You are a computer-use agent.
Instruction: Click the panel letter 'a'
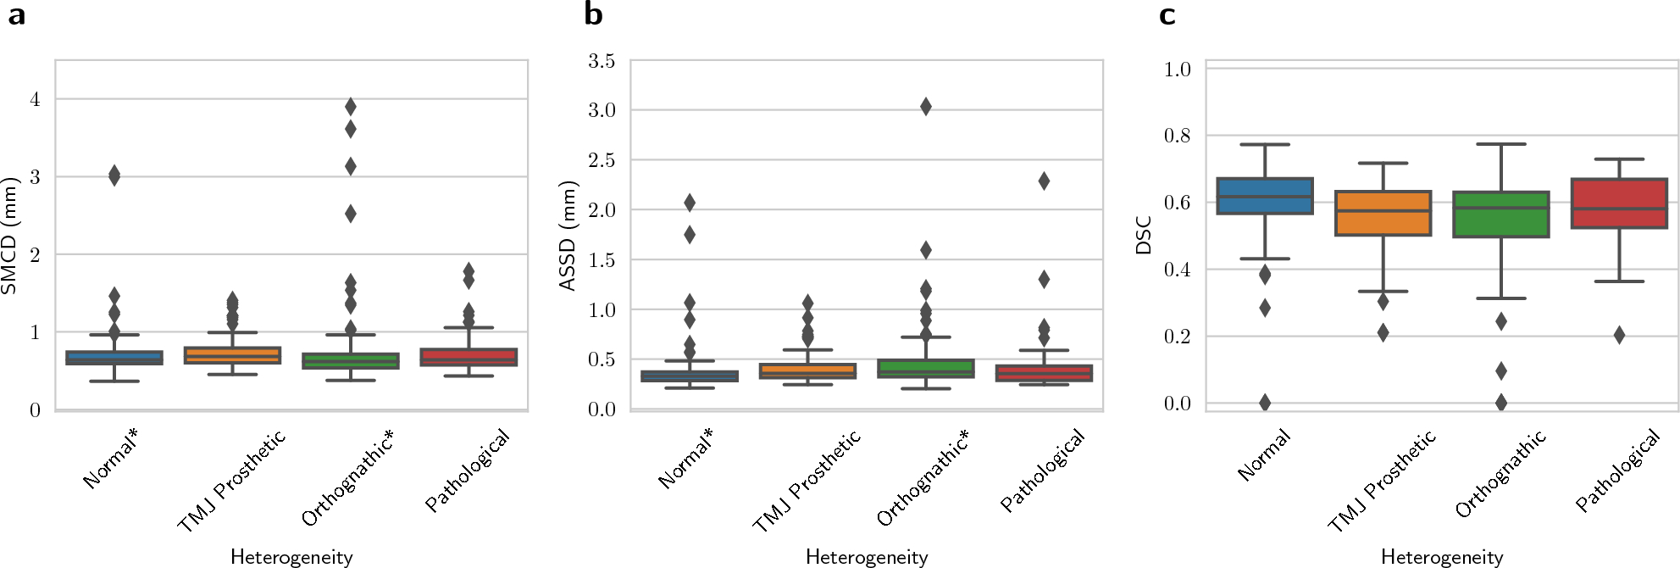coord(15,15)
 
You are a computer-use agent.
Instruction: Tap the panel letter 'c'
coord(1167,15)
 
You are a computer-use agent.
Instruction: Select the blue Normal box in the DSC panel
coord(1264,196)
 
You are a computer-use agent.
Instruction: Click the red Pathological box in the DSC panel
coord(1619,203)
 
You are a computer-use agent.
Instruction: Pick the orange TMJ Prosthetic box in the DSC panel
coord(1383,213)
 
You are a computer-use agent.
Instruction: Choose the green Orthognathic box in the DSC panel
coord(1500,214)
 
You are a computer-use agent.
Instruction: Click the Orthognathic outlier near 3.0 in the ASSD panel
coord(925,106)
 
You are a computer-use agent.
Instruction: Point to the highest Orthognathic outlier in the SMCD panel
coord(350,106)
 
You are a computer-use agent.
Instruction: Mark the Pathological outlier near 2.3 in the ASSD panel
coord(1044,181)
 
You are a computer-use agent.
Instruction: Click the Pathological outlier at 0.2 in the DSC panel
coord(1619,335)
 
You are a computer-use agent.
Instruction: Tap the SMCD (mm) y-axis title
coord(10,236)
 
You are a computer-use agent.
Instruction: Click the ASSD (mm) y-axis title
coord(568,236)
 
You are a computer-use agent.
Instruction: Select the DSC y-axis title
coord(1144,236)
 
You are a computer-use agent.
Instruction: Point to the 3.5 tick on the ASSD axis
coord(602,61)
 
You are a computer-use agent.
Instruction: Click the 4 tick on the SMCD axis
coord(35,99)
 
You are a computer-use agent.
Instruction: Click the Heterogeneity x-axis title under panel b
coord(866,557)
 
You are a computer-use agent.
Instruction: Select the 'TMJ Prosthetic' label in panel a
coord(230,482)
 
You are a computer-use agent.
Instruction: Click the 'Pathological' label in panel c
coord(1617,471)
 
